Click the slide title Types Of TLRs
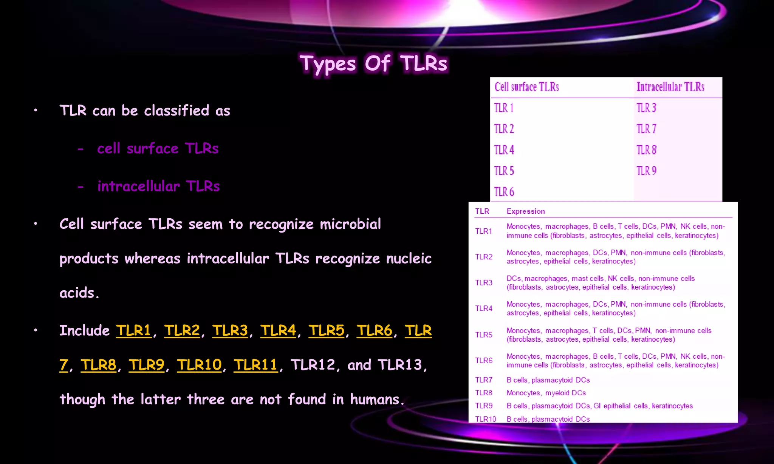(x=373, y=63)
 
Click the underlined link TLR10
(x=199, y=365)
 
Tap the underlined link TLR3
(x=230, y=330)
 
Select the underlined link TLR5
(x=326, y=330)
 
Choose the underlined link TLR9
(x=146, y=365)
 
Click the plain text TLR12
(x=313, y=365)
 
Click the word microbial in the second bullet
(x=350, y=224)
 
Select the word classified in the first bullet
(x=176, y=111)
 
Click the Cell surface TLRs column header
(x=526, y=87)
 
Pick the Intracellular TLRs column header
(x=670, y=87)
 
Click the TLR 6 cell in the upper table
(x=504, y=192)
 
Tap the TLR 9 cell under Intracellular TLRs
(x=646, y=171)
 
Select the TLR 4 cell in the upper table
(x=504, y=150)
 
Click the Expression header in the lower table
(x=525, y=211)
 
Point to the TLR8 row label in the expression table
(x=483, y=393)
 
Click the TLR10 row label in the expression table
(x=485, y=419)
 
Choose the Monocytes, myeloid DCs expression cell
(x=546, y=393)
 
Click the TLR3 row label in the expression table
(x=483, y=282)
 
